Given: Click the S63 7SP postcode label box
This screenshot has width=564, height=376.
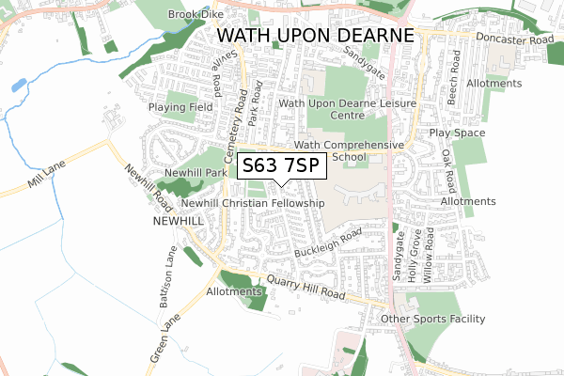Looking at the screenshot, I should [281, 166].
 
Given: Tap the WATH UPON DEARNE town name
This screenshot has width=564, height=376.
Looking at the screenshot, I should [315, 36].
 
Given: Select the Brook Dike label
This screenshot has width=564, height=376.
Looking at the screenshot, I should [194, 15].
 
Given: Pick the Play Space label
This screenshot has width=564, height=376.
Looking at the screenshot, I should [457, 133].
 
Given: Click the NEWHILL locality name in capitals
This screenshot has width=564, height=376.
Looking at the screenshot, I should [179, 220].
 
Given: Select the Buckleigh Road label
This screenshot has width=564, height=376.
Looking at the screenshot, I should [328, 242].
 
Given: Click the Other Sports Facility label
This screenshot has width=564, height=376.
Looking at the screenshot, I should [434, 320].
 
